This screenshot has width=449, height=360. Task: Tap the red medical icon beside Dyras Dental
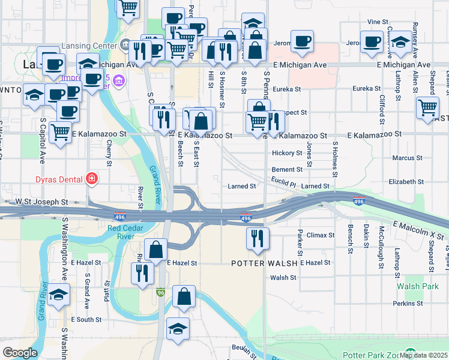tap(92, 178)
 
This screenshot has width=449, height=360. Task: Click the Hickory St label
tap(287, 153)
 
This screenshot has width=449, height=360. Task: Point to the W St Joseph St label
tap(40, 202)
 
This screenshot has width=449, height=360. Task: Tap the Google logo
tap(20, 352)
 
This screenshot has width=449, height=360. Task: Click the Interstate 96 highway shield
tap(160, 292)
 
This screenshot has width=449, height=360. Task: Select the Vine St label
tap(378, 22)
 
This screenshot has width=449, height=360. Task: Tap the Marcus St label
tap(407, 158)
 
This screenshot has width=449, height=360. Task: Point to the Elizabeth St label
tap(406, 181)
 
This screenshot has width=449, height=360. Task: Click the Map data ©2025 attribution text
tap(424, 355)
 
